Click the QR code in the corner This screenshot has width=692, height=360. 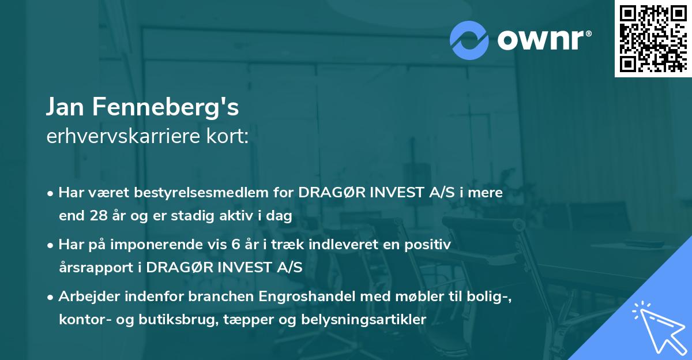[653, 39]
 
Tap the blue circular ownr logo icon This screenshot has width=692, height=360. [469, 40]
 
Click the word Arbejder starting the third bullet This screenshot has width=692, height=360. [85, 297]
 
